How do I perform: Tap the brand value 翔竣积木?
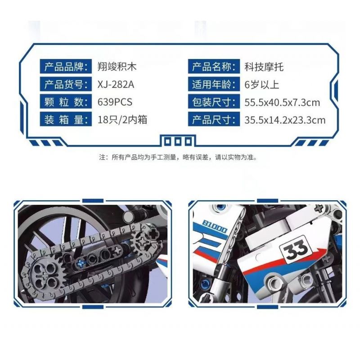pos(117,67)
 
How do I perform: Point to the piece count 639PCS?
pos(115,102)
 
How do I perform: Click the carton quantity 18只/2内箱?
pos(122,120)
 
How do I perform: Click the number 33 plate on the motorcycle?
pos(296,248)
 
